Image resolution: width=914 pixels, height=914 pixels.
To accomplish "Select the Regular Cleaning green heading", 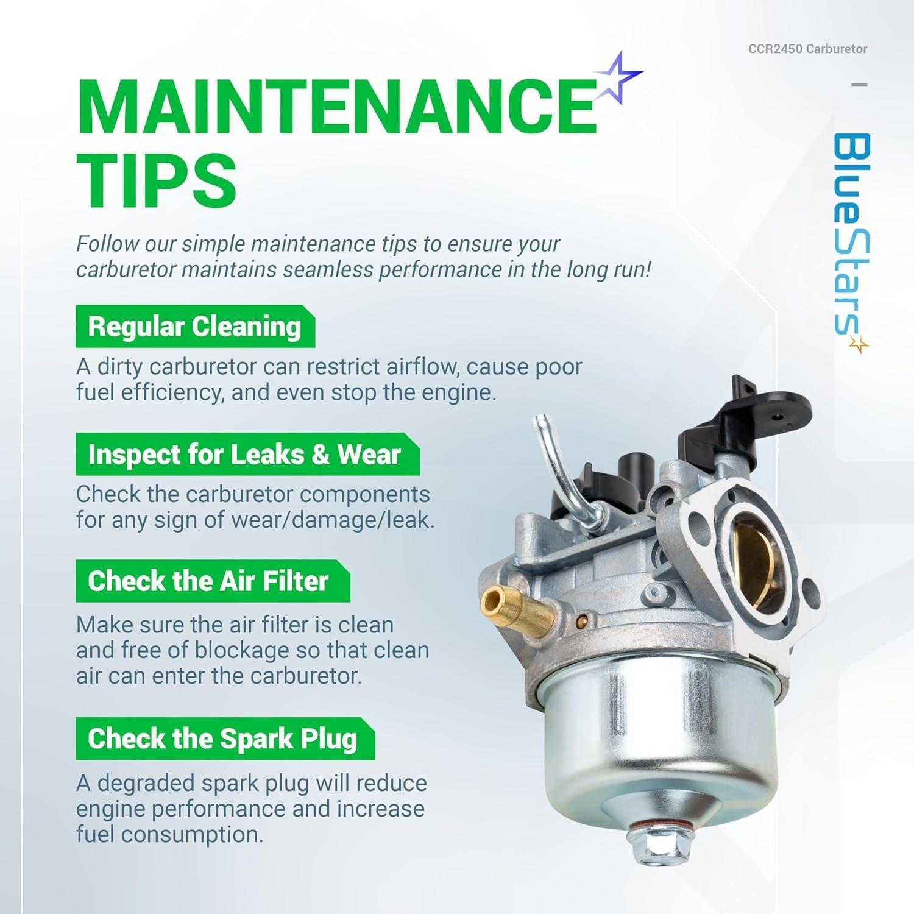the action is pyautogui.click(x=194, y=327).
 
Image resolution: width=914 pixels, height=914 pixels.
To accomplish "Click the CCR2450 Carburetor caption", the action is pyautogui.click(x=807, y=49).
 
